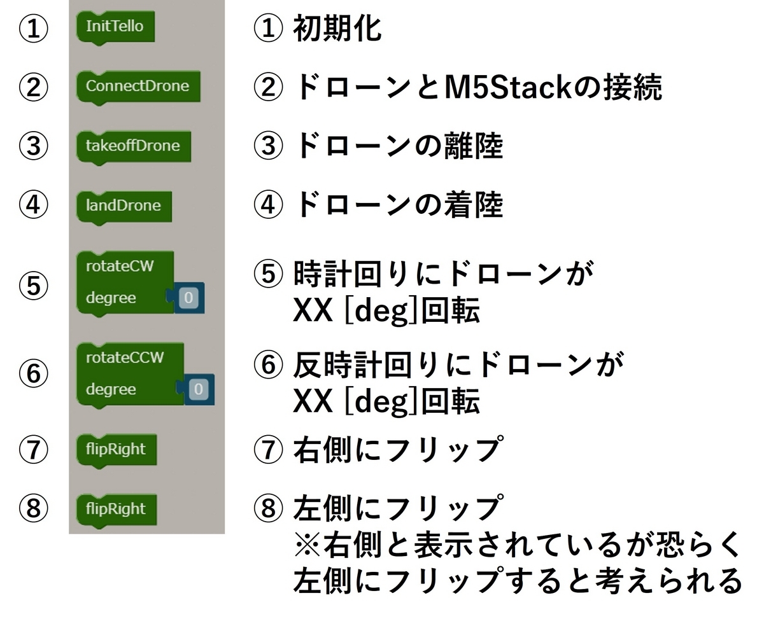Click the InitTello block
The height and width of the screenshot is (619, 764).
click(x=115, y=27)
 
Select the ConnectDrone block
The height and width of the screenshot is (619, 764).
click(x=137, y=87)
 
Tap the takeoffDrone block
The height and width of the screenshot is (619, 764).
click(x=132, y=146)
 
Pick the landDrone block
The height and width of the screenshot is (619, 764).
click(x=123, y=205)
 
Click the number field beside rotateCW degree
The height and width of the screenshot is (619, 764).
click(x=188, y=298)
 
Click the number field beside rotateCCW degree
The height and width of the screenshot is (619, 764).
click(x=198, y=389)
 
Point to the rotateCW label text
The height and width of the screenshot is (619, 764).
click(x=120, y=266)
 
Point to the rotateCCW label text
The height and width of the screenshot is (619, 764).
click(x=125, y=358)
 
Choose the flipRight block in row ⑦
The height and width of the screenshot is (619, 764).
click(x=115, y=450)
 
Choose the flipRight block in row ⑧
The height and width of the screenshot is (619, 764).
click(x=115, y=509)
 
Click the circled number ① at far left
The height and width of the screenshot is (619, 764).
click(x=33, y=29)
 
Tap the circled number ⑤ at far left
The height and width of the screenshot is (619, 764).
click(x=33, y=285)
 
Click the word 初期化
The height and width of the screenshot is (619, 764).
click(x=337, y=29)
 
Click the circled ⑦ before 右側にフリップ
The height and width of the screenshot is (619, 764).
click(x=267, y=450)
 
